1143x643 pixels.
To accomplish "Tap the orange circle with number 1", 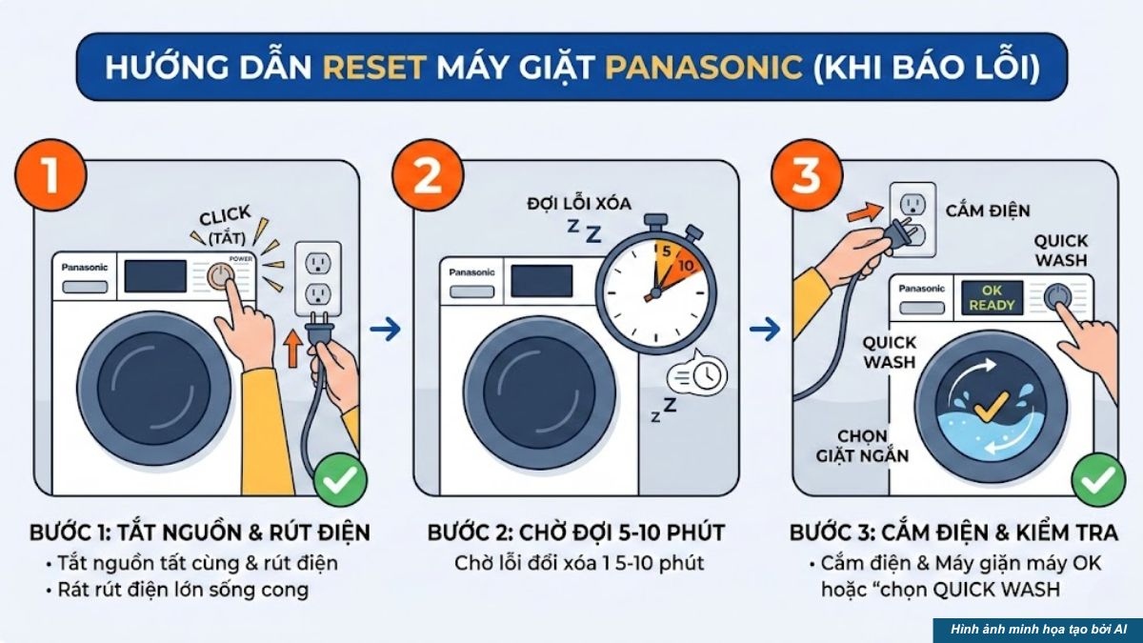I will click(x=50, y=176).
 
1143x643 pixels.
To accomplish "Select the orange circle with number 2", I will click(x=428, y=176).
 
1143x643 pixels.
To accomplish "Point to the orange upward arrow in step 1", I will click(x=293, y=350).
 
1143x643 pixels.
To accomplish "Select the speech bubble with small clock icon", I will click(x=697, y=375).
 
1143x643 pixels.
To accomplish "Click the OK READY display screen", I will click(x=992, y=297).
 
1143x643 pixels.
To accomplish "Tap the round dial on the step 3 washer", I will click(x=1056, y=297).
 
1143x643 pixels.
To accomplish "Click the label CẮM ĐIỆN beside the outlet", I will click(x=988, y=211).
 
